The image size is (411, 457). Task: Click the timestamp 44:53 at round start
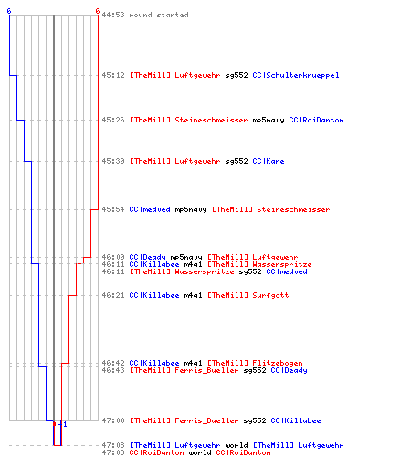tap(113, 15)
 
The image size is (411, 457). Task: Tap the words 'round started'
tap(159, 15)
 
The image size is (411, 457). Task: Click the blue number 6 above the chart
tap(9, 11)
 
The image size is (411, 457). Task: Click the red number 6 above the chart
tap(98, 11)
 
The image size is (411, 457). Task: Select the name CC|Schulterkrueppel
tap(296, 75)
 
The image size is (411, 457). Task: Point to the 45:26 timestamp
tap(113, 120)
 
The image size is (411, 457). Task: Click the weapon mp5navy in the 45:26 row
tap(269, 121)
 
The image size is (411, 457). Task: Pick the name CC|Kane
tap(269, 161)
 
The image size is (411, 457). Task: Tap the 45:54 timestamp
tap(113, 209)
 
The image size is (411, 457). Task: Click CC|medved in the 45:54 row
tap(150, 209)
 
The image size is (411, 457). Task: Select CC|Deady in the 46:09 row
tap(147, 257)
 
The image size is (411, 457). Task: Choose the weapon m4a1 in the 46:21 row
tap(193, 295)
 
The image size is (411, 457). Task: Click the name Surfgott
tap(270, 295)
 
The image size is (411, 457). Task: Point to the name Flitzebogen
tap(278, 363)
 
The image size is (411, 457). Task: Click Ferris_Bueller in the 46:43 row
tap(206, 370)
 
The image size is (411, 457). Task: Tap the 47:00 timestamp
tap(113, 420)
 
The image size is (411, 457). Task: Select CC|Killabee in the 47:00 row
tap(296, 420)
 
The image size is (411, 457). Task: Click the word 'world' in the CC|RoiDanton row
tap(200, 452)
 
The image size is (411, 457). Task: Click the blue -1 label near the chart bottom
tap(63, 424)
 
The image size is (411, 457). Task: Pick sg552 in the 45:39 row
tap(237, 161)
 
